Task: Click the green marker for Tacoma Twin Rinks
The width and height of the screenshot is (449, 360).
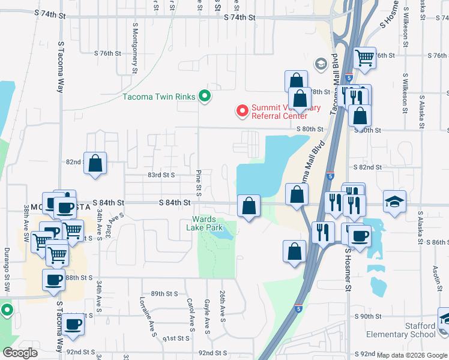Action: [x=205, y=96]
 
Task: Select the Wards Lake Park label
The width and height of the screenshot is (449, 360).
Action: [x=208, y=223]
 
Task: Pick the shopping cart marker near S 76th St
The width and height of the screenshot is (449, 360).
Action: [x=364, y=58]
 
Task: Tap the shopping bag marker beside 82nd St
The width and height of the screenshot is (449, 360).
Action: [x=95, y=163]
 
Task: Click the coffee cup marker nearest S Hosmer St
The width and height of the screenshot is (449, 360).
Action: [x=359, y=235]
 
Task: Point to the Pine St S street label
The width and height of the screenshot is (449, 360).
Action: [x=197, y=181]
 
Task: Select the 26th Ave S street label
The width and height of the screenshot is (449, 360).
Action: [x=221, y=309]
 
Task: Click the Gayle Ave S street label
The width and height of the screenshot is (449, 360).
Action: [x=206, y=316]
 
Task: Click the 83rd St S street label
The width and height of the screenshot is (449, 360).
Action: [x=161, y=175]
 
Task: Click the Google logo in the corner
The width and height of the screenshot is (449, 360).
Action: [x=20, y=353]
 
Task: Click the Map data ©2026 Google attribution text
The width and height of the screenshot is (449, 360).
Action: [x=412, y=355]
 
